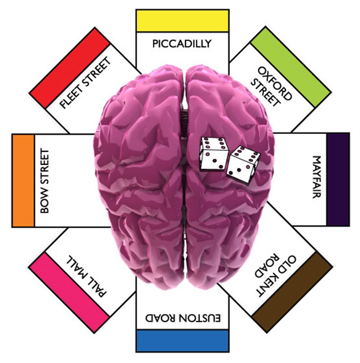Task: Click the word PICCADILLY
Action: (182, 44)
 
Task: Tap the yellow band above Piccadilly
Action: (183, 21)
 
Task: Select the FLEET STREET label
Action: (85, 83)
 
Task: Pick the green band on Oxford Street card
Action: (291, 67)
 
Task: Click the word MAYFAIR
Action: (317, 177)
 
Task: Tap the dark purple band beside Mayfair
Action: (338, 179)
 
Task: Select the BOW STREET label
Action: (45, 181)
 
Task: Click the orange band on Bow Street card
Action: (23, 181)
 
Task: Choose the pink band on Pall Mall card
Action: (70, 293)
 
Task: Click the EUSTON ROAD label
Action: (183, 318)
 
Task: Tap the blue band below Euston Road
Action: (183, 341)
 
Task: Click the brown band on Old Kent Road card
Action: (292, 292)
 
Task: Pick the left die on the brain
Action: (214, 154)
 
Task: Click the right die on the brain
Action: (243, 164)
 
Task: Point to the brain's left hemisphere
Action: (139, 176)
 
